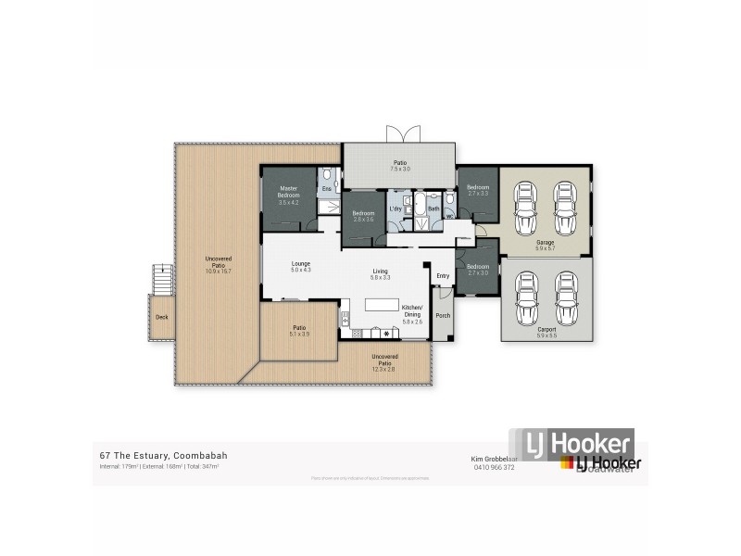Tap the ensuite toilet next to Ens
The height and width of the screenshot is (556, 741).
[x=327, y=176]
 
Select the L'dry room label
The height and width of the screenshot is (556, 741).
[x=396, y=209]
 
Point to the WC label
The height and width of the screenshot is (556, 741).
[x=448, y=219]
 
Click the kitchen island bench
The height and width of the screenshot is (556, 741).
[x=380, y=304]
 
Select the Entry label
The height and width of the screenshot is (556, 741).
[x=443, y=276]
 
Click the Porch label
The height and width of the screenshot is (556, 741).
[x=443, y=316]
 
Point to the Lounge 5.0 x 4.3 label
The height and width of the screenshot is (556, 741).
[x=300, y=267]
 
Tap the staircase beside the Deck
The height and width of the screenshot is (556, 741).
[x=163, y=277]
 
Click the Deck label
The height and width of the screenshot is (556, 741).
[x=162, y=317]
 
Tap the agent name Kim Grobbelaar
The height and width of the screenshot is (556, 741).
[x=493, y=458]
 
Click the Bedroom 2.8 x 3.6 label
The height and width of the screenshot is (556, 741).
[x=363, y=215]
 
